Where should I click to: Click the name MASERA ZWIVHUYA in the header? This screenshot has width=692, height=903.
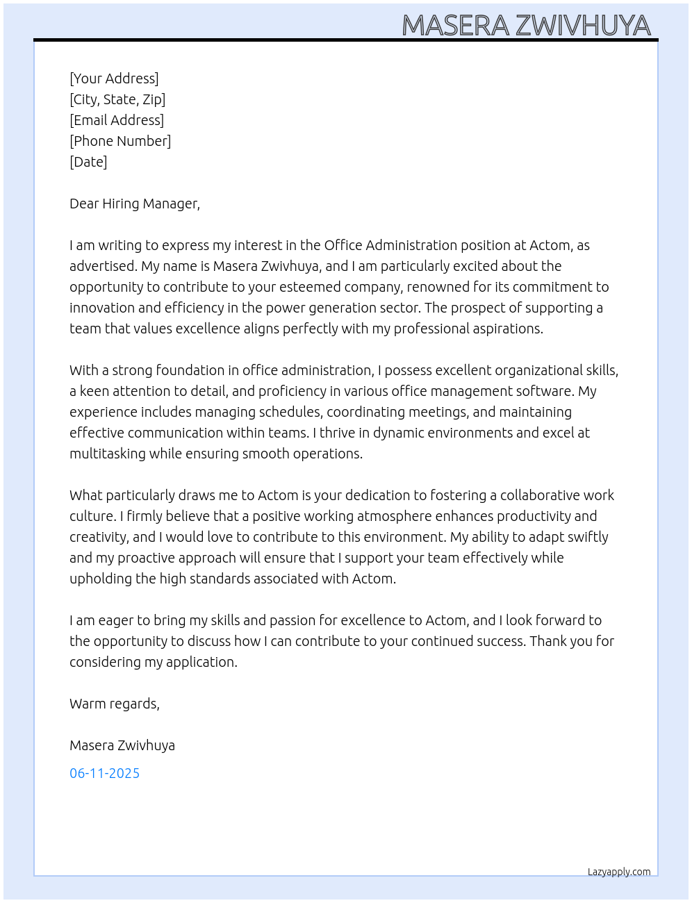point(526,25)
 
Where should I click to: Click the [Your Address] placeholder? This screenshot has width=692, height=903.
point(114,78)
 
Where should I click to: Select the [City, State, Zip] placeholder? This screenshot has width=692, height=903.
point(117,99)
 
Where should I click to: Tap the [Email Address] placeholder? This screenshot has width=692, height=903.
point(117,120)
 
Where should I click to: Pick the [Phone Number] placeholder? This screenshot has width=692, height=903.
point(120,141)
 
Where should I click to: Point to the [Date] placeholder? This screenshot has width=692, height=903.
point(88,162)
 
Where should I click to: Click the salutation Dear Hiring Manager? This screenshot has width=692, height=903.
point(134,204)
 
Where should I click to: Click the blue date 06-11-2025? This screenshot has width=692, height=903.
point(104,773)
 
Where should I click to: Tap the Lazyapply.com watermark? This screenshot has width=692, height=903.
point(618,872)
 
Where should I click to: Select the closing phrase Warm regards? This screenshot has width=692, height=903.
point(114,704)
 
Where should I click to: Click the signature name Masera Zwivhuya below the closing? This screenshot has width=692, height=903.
point(122,745)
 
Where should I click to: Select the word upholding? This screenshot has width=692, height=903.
point(100,579)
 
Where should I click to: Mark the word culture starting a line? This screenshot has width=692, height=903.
point(92,516)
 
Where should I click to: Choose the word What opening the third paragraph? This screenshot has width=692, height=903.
point(85,495)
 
